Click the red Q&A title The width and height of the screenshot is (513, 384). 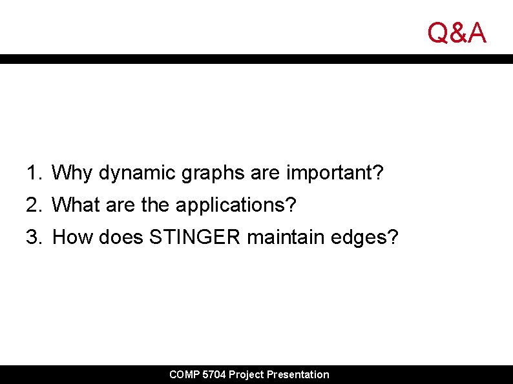click(x=457, y=32)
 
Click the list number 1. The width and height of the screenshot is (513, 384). click(x=32, y=173)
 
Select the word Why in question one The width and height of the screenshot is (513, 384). click(x=72, y=173)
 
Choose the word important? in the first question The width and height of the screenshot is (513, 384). click(x=335, y=173)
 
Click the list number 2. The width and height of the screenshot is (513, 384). click(x=32, y=205)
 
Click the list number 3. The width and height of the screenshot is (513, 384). click(x=32, y=237)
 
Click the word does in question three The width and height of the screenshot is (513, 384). click(x=121, y=237)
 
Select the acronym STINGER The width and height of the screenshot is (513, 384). click(x=195, y=237)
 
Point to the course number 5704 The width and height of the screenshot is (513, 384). click(x=214, y=374)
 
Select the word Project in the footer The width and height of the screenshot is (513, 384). click(x=246, y=374)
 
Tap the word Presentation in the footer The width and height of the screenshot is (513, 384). click(x=298, y=374)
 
